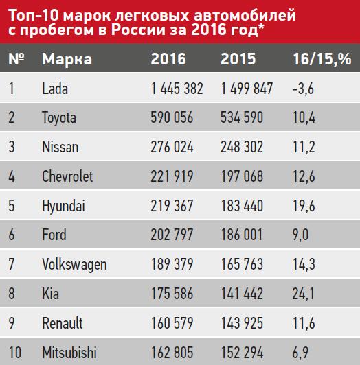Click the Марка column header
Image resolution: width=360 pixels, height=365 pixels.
click(x=67, y=59)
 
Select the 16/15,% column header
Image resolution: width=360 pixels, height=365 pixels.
click(x=322, y=59)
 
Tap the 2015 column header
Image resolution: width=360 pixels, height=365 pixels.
click(x=238, y=59)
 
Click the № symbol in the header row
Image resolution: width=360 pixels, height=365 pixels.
click(x=16, y=59)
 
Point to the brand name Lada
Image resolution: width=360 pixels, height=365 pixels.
click(x=55, y=89)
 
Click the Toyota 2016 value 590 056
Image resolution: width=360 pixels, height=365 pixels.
click(x=172, y=117)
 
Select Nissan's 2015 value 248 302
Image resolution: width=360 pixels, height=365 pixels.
click(x=242, y=147)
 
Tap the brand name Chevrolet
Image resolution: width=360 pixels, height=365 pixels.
click(x=67, y=176)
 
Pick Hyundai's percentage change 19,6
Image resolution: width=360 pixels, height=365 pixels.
click(x=304, y=206)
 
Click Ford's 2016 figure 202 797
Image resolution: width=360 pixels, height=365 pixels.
click(x=172, y=235)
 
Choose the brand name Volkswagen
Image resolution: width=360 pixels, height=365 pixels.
click(x=74, y=265)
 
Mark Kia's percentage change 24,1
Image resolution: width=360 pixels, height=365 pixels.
click(x=304, y=294)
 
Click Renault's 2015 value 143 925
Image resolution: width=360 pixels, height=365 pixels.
click(x=242, y=323)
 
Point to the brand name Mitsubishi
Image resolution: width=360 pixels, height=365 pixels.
click(x=69, y=353)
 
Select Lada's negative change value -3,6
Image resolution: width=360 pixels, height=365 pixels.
click(x=303, y=89)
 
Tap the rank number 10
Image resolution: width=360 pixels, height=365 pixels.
click(x=15, y=353)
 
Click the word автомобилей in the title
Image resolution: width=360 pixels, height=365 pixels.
click(x=245, y=16)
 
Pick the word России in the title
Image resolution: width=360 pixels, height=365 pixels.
click(x=138, y=30)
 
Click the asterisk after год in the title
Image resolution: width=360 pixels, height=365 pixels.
click(x=261, y=27)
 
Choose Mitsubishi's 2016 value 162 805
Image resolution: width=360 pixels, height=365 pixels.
click(x=172, y=353)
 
